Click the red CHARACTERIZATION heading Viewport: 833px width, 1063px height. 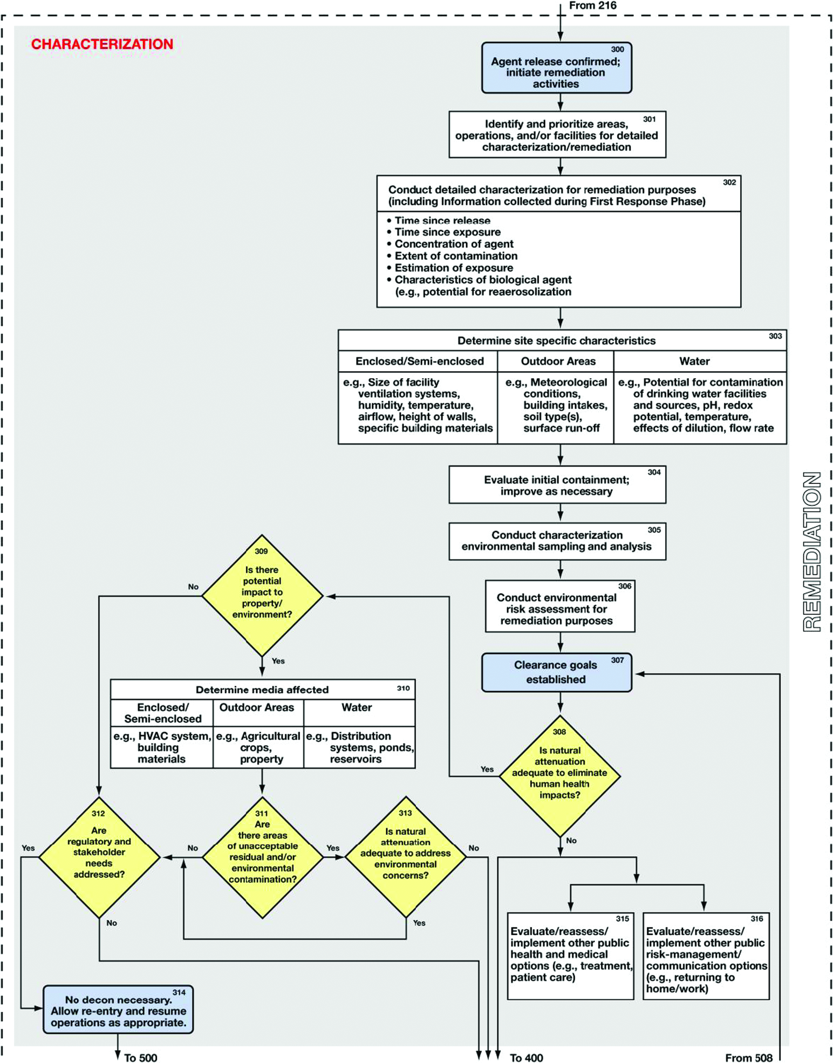point(102,44)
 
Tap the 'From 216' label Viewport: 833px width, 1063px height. point(592,6)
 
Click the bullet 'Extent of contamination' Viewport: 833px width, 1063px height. point(456,256)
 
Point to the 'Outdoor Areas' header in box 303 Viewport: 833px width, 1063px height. point(558,361)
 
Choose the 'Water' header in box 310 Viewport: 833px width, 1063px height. point(356,707)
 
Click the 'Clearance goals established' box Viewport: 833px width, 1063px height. point(556,672)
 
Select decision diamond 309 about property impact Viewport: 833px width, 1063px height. point(262,596)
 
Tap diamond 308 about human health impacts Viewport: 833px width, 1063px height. point(559,776)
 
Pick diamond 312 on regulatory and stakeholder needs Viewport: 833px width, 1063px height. point(99,857)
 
